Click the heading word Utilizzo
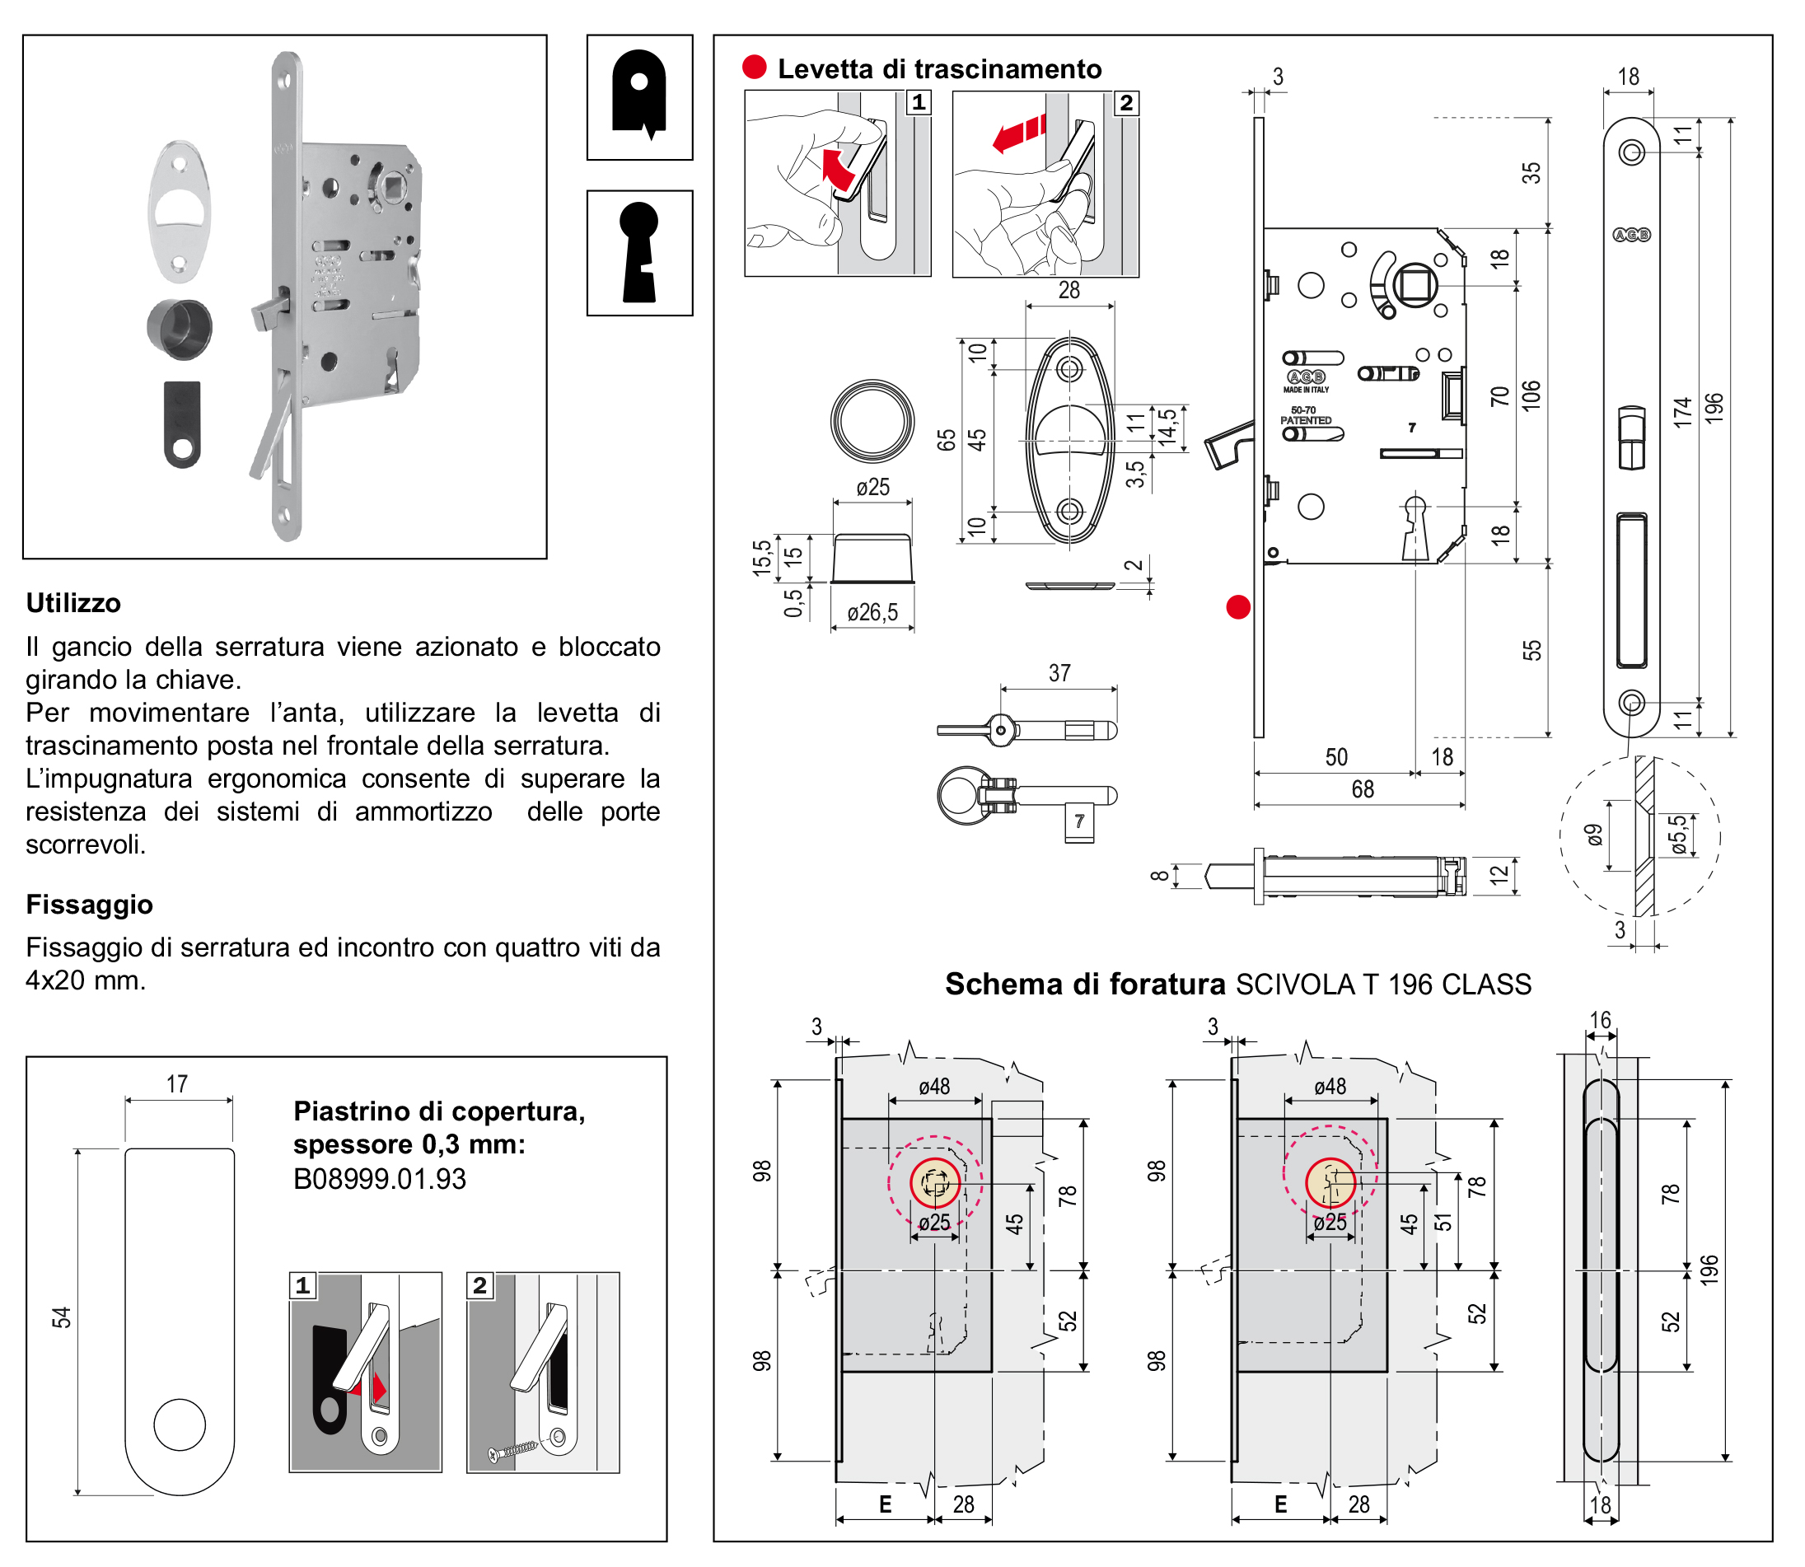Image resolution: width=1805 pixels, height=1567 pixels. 73,603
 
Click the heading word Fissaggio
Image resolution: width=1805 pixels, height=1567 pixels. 89,904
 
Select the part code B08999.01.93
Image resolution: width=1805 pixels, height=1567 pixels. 380,1179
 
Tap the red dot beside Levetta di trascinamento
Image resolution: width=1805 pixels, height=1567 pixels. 754,68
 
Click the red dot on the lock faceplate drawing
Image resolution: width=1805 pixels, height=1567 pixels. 1237,607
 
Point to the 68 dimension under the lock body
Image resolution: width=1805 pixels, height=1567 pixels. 1362,789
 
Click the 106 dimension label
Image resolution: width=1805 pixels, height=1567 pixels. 1531,395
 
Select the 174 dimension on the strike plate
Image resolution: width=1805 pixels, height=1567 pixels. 1681,413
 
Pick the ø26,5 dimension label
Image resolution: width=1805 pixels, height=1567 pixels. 872,612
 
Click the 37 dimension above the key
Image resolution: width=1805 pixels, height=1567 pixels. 1059,673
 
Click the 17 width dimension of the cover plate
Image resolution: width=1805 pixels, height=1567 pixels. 176,1084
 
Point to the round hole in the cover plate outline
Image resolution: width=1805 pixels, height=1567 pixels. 180,1424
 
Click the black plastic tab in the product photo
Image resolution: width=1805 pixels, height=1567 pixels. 182,424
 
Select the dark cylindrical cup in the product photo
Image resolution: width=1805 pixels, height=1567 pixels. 180,327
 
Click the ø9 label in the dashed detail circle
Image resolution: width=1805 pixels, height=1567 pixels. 1594,835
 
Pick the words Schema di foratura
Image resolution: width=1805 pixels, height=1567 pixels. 1084,985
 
